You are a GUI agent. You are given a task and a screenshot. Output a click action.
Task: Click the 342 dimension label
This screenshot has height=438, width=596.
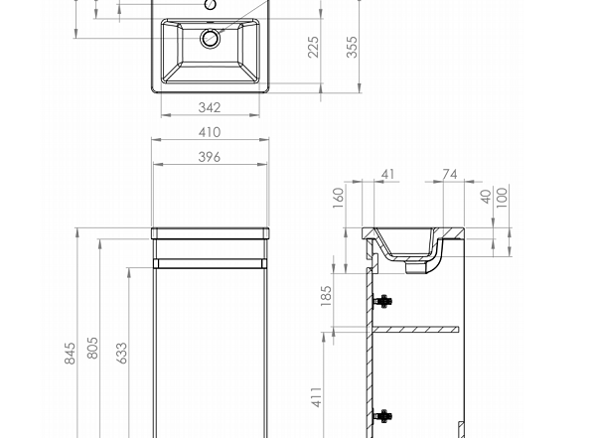point(210,107)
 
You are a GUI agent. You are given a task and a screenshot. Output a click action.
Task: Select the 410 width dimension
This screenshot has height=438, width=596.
point(210,132)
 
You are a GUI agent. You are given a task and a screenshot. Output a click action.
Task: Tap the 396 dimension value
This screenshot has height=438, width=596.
point(210,157)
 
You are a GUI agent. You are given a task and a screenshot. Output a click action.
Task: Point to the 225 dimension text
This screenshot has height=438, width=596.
point(313,47)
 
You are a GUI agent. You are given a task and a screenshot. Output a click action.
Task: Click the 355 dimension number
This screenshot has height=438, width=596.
point(352,47)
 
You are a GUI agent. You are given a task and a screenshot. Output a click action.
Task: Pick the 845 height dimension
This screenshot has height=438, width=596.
point(70,354)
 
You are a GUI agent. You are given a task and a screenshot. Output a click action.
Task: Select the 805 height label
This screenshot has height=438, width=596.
point(92,348)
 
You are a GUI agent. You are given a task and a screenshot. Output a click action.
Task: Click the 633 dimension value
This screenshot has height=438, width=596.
point(121,354)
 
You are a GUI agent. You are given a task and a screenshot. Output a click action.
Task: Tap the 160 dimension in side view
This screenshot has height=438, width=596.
point(339,198)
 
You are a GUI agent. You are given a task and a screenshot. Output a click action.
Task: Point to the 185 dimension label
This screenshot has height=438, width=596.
point(326,296)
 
